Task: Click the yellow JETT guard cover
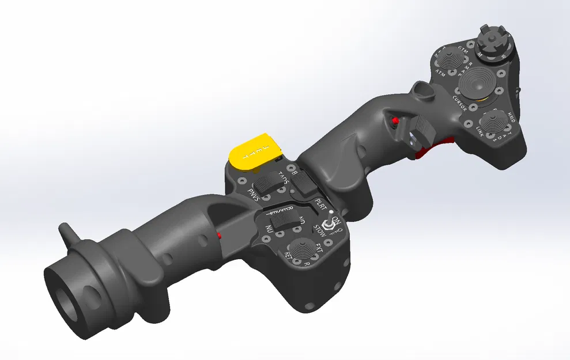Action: tap(254, 151)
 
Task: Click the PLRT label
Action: tap(320, 204)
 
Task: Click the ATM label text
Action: tap(441, 73)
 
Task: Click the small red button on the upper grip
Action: tap(395, 121)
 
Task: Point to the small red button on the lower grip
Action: tap(220, 235)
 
